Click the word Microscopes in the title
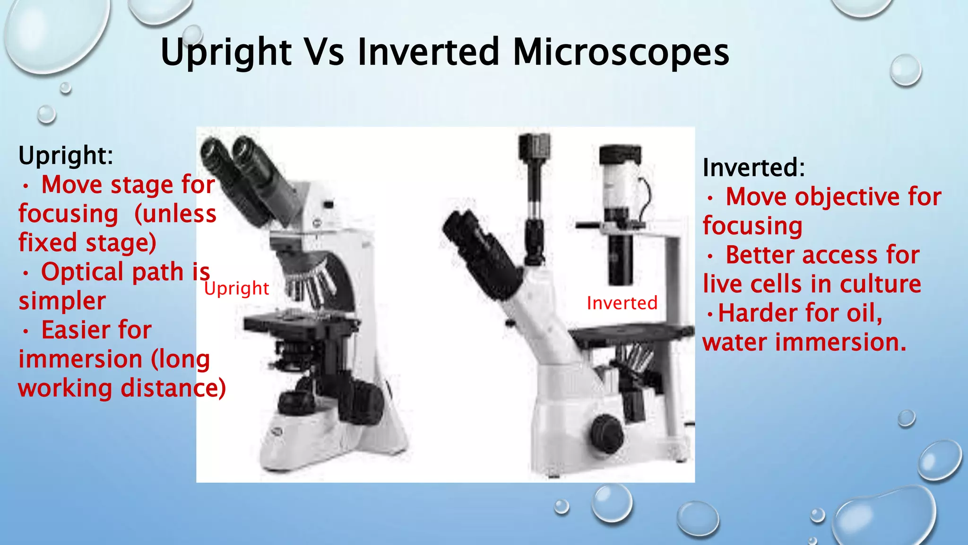click(621, 52)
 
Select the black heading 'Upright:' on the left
click(66, 155)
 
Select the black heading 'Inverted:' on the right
click(753, 167)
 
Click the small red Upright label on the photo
click(236, 288)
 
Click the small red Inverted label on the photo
click(622, 303)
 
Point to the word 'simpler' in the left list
click(62, 301)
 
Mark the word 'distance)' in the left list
click(173, 388)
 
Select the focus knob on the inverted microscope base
click(606, 433)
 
